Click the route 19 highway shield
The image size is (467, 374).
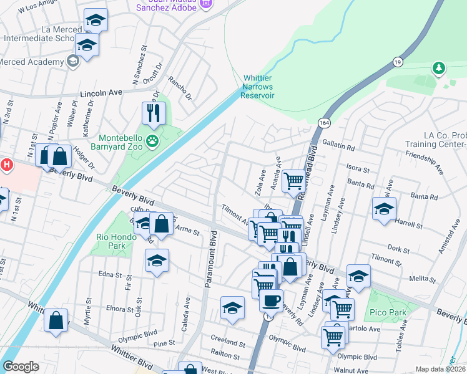tap(398, 62)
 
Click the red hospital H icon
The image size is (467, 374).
tap(6, 165)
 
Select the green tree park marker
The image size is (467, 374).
tap(439, 67)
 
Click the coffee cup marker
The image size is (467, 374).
tap(271, 301)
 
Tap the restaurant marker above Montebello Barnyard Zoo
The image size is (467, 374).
tap(153, 113)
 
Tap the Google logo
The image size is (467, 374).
tap(21, 367)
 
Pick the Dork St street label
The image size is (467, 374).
tap(397, 249)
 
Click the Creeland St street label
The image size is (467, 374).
tap(227, 343)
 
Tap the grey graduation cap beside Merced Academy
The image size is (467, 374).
tap(72, 61)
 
